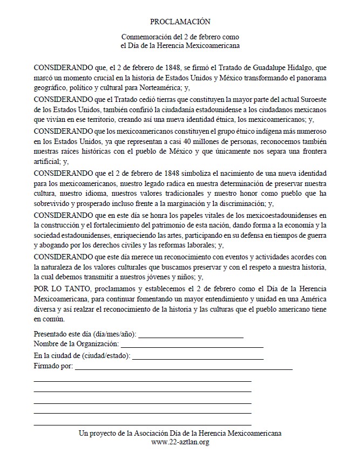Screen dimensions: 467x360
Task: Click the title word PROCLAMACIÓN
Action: (x=180, y=22)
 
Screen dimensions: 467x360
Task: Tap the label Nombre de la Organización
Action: (x=76, y=344)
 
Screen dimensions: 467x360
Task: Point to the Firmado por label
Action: (x=53, y=367)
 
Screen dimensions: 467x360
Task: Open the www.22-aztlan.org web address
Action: (x=180, y=442)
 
